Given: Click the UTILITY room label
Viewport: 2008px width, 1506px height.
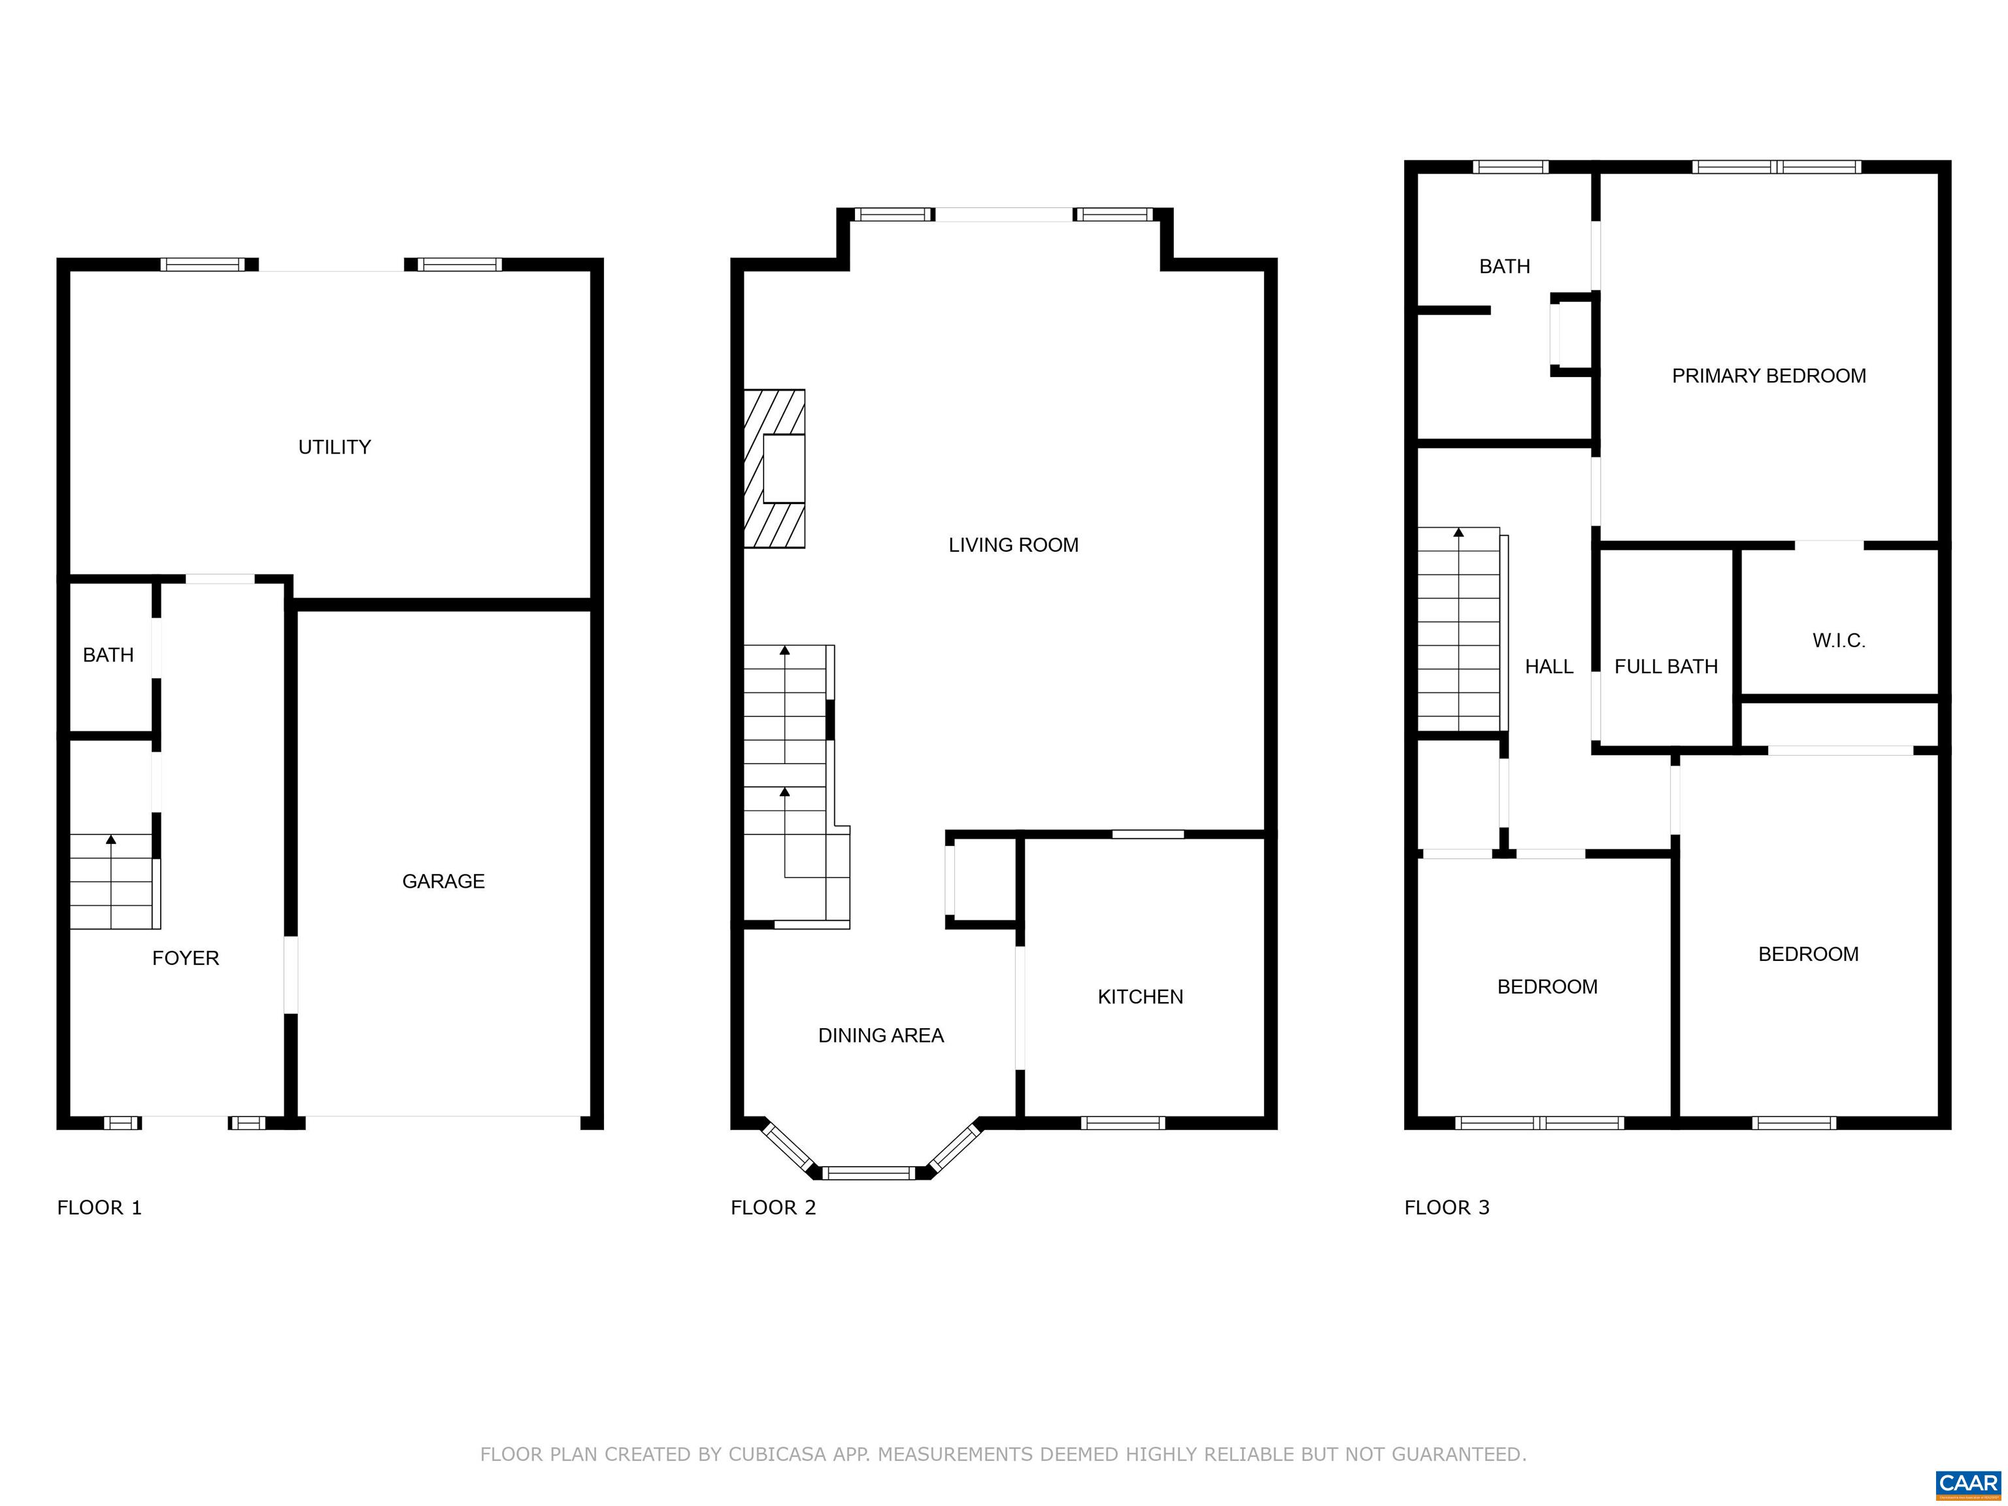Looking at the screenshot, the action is [334, 446].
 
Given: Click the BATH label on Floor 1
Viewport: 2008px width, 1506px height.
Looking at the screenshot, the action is [108, 654].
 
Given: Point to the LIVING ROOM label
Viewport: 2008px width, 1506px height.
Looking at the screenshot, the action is [1013, 544].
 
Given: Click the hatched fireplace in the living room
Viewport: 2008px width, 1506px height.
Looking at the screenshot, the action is [775, 469].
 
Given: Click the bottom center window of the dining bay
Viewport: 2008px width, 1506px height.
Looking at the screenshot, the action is [869, 1173].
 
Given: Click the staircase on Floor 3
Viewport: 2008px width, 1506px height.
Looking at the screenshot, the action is [1462, 629].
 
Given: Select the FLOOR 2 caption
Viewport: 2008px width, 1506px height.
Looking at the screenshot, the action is [773, 1207].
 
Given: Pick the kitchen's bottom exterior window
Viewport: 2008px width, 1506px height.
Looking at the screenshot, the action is [1122, 1123].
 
